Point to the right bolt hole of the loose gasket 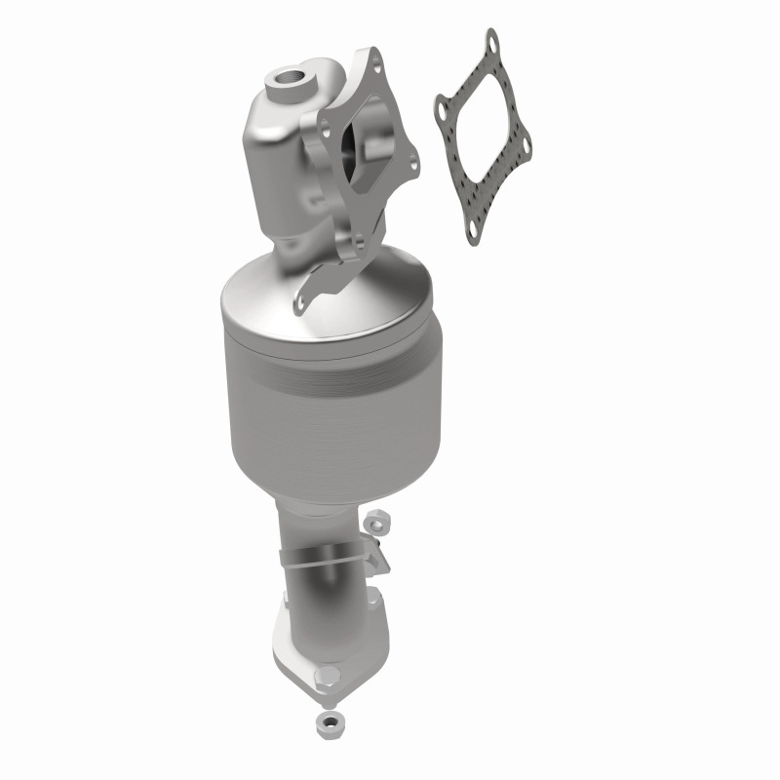[526, 146]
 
